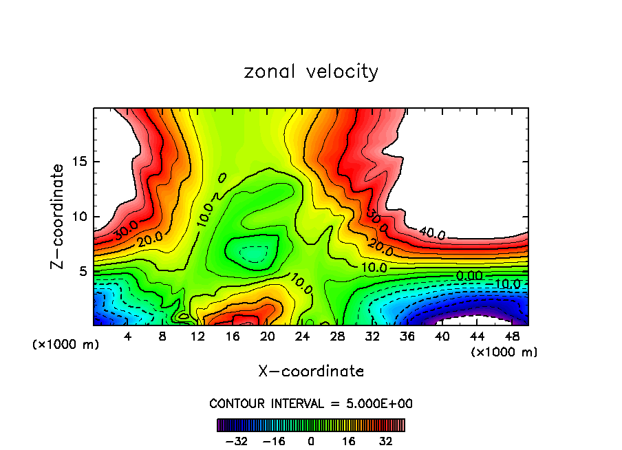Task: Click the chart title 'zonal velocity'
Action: [311, 72]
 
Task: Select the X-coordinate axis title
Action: [311, 372]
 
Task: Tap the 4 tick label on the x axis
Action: [128, 336]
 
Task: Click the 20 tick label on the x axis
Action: [268, 336]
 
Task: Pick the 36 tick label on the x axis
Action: [407, 336]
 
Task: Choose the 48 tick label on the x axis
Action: [512, 336]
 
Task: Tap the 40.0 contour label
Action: [431, 234]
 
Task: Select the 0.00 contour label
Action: [469, 276]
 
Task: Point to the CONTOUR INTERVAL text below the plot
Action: [311, 403]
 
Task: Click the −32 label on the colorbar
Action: [237, 440]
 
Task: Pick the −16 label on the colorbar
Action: [274, 440]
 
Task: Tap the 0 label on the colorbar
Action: [311, 440]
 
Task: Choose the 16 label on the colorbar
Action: [348, 440]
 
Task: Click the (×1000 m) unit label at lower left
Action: [66, 345]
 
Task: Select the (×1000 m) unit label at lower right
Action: [504, 352]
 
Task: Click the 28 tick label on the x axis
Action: [337, 336]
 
